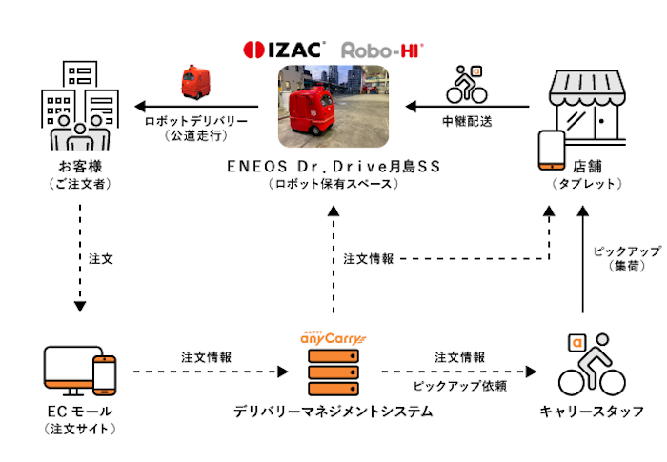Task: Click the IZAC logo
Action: pyautogui.click(x=285, y=48)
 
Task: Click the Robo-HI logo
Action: pyautogui.click(x=381, y=48)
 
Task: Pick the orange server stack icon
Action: pyautogui.click(x=333, y=371)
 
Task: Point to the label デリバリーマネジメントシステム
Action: pyautogui.click(x=333, y=412)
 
